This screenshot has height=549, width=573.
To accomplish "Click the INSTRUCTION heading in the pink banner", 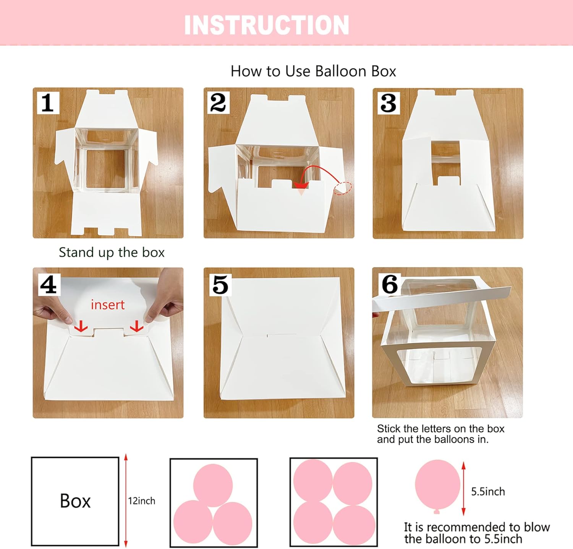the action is [x=267, y=25].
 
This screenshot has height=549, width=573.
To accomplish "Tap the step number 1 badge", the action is [x=48, y=102].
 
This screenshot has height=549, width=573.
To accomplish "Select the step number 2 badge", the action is [x=218, y=102].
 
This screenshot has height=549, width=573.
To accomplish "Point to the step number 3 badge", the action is [x=388, y=103].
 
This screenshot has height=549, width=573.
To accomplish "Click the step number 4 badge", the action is [x=49, y=285].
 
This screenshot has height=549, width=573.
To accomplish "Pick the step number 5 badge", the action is [x=220, y=285].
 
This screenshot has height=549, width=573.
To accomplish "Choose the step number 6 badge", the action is [x=389, y=284].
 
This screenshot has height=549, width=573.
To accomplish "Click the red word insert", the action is [x=108, y=304].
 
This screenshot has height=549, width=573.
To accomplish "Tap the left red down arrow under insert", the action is [x=81, y=326].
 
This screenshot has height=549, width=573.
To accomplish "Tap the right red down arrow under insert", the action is [x=136, y=326].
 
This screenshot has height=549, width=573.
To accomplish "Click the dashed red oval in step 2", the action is [x=343, y=188].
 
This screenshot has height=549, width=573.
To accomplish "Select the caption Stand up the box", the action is [x=112, y=253].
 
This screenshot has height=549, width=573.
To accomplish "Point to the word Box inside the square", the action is [x=75, y=501].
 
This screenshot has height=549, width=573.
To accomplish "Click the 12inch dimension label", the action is [x=142, y=501].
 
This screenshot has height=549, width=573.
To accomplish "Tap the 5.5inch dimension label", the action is [x=488, y=491].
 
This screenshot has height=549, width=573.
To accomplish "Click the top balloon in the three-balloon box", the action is [x=213, y=484].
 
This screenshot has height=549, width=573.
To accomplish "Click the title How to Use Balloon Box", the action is [x=313, y=71].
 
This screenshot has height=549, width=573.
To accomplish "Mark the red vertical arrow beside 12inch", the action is [x=126, y=501].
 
